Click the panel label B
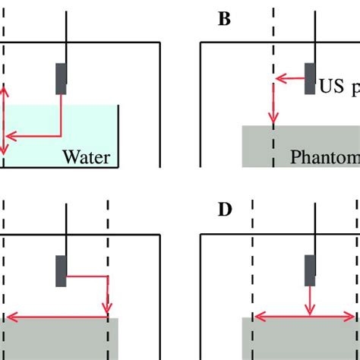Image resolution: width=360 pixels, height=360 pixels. [x=224, y=19]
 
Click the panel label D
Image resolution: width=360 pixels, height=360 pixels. [x=225, y=210]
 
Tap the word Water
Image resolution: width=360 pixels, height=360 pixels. [x=87, y=157]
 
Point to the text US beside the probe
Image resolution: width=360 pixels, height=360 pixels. [x=332, y=86]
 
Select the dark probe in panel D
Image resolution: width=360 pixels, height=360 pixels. [x=310, y=270]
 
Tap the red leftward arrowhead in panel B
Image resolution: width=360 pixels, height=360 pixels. [x=279, y=77]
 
